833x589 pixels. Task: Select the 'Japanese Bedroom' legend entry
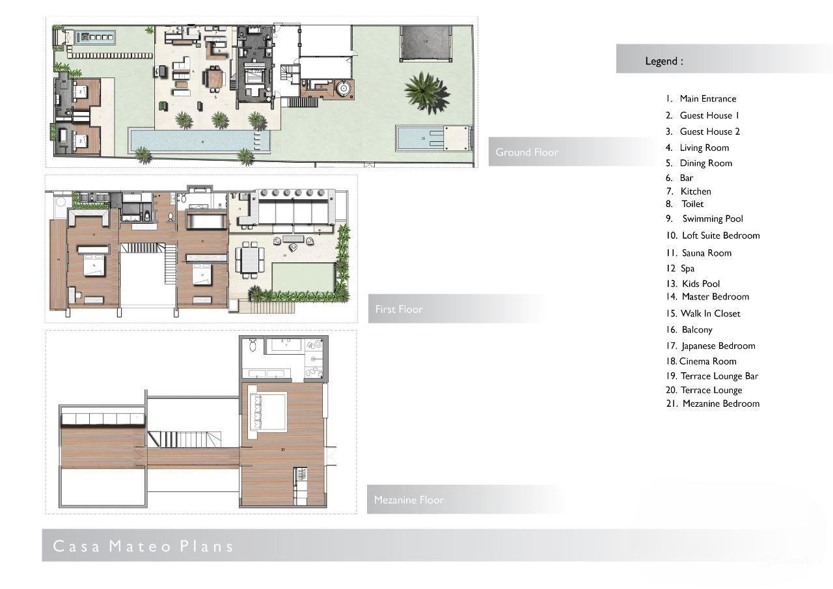click(x=718, y=346)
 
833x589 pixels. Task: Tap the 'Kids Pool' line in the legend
click(x=701, y=284)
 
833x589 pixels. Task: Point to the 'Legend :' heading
click(x=664, y=61)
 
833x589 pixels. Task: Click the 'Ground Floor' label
click(x=526, y=152)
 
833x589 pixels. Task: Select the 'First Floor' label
click(x=399, y=309)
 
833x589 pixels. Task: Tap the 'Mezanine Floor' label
click(x=409, y=500)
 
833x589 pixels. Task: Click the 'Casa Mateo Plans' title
click(x=143, y=546)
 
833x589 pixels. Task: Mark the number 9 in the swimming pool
click(x=202, y=141)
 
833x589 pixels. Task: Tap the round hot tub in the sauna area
click(x=343, y=88)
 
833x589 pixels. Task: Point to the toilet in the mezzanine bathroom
click(x=253, y=345)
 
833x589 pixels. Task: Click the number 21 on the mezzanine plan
click(x=282, y=450)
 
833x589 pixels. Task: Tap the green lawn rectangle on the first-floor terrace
click(x=302, y=277)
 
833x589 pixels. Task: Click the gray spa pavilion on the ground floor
click(x=426, y=43)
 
